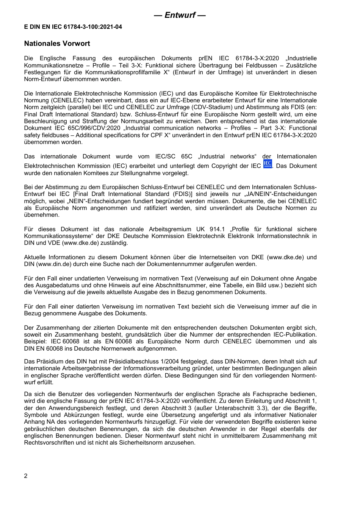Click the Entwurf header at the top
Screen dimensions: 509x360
tap(180, 15)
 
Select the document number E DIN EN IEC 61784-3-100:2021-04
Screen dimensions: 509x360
tap(73, 27)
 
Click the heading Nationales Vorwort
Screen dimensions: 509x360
tap(57, 44)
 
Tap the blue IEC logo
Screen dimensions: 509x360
tap(268, 164)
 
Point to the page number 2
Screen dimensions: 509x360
tap(26, 476)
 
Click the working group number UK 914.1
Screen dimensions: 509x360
tap(210, 229)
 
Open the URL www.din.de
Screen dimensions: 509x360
tap(54, 264)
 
